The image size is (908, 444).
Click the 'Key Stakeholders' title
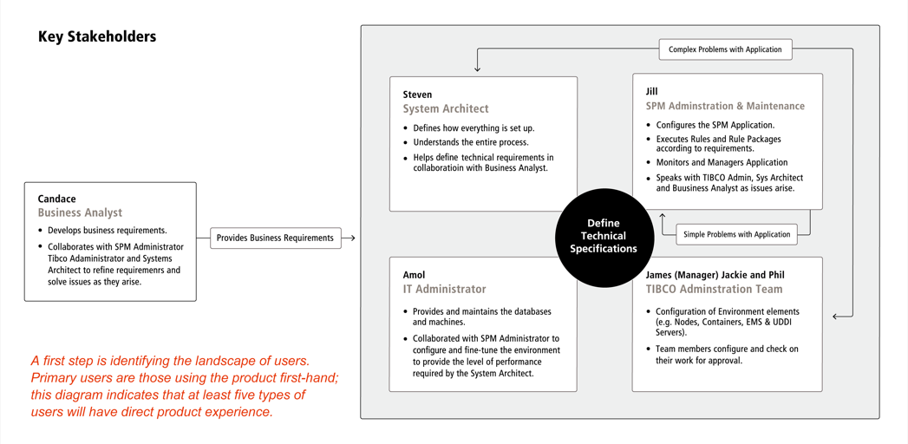(97, 36)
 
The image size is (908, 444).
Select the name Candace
(57, 199)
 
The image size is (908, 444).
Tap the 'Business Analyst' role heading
(80, 212)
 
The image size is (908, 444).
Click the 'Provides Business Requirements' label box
(275, 238)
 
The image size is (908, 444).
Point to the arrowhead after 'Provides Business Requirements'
(351, 238)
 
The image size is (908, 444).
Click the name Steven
(417, 95)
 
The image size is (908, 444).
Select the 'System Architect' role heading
(446, 109)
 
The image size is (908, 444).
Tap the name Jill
(651, 91)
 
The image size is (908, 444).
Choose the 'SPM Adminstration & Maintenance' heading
(725, 106)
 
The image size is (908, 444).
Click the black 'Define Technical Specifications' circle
(604, 237)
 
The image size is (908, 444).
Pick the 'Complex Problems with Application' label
(725, 49)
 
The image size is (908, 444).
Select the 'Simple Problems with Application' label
(736, 234)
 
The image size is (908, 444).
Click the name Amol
(415, 275)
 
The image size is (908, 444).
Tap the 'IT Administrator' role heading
(444, 290)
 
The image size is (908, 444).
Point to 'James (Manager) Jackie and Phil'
(715, 275)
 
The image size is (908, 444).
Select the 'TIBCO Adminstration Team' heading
(714, 290)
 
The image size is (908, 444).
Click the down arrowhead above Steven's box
(478, 68)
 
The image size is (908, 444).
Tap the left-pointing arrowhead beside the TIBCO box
(836, 317)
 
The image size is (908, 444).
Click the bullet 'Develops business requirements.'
(107, 231)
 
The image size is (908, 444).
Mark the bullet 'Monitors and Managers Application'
(722, 162)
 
